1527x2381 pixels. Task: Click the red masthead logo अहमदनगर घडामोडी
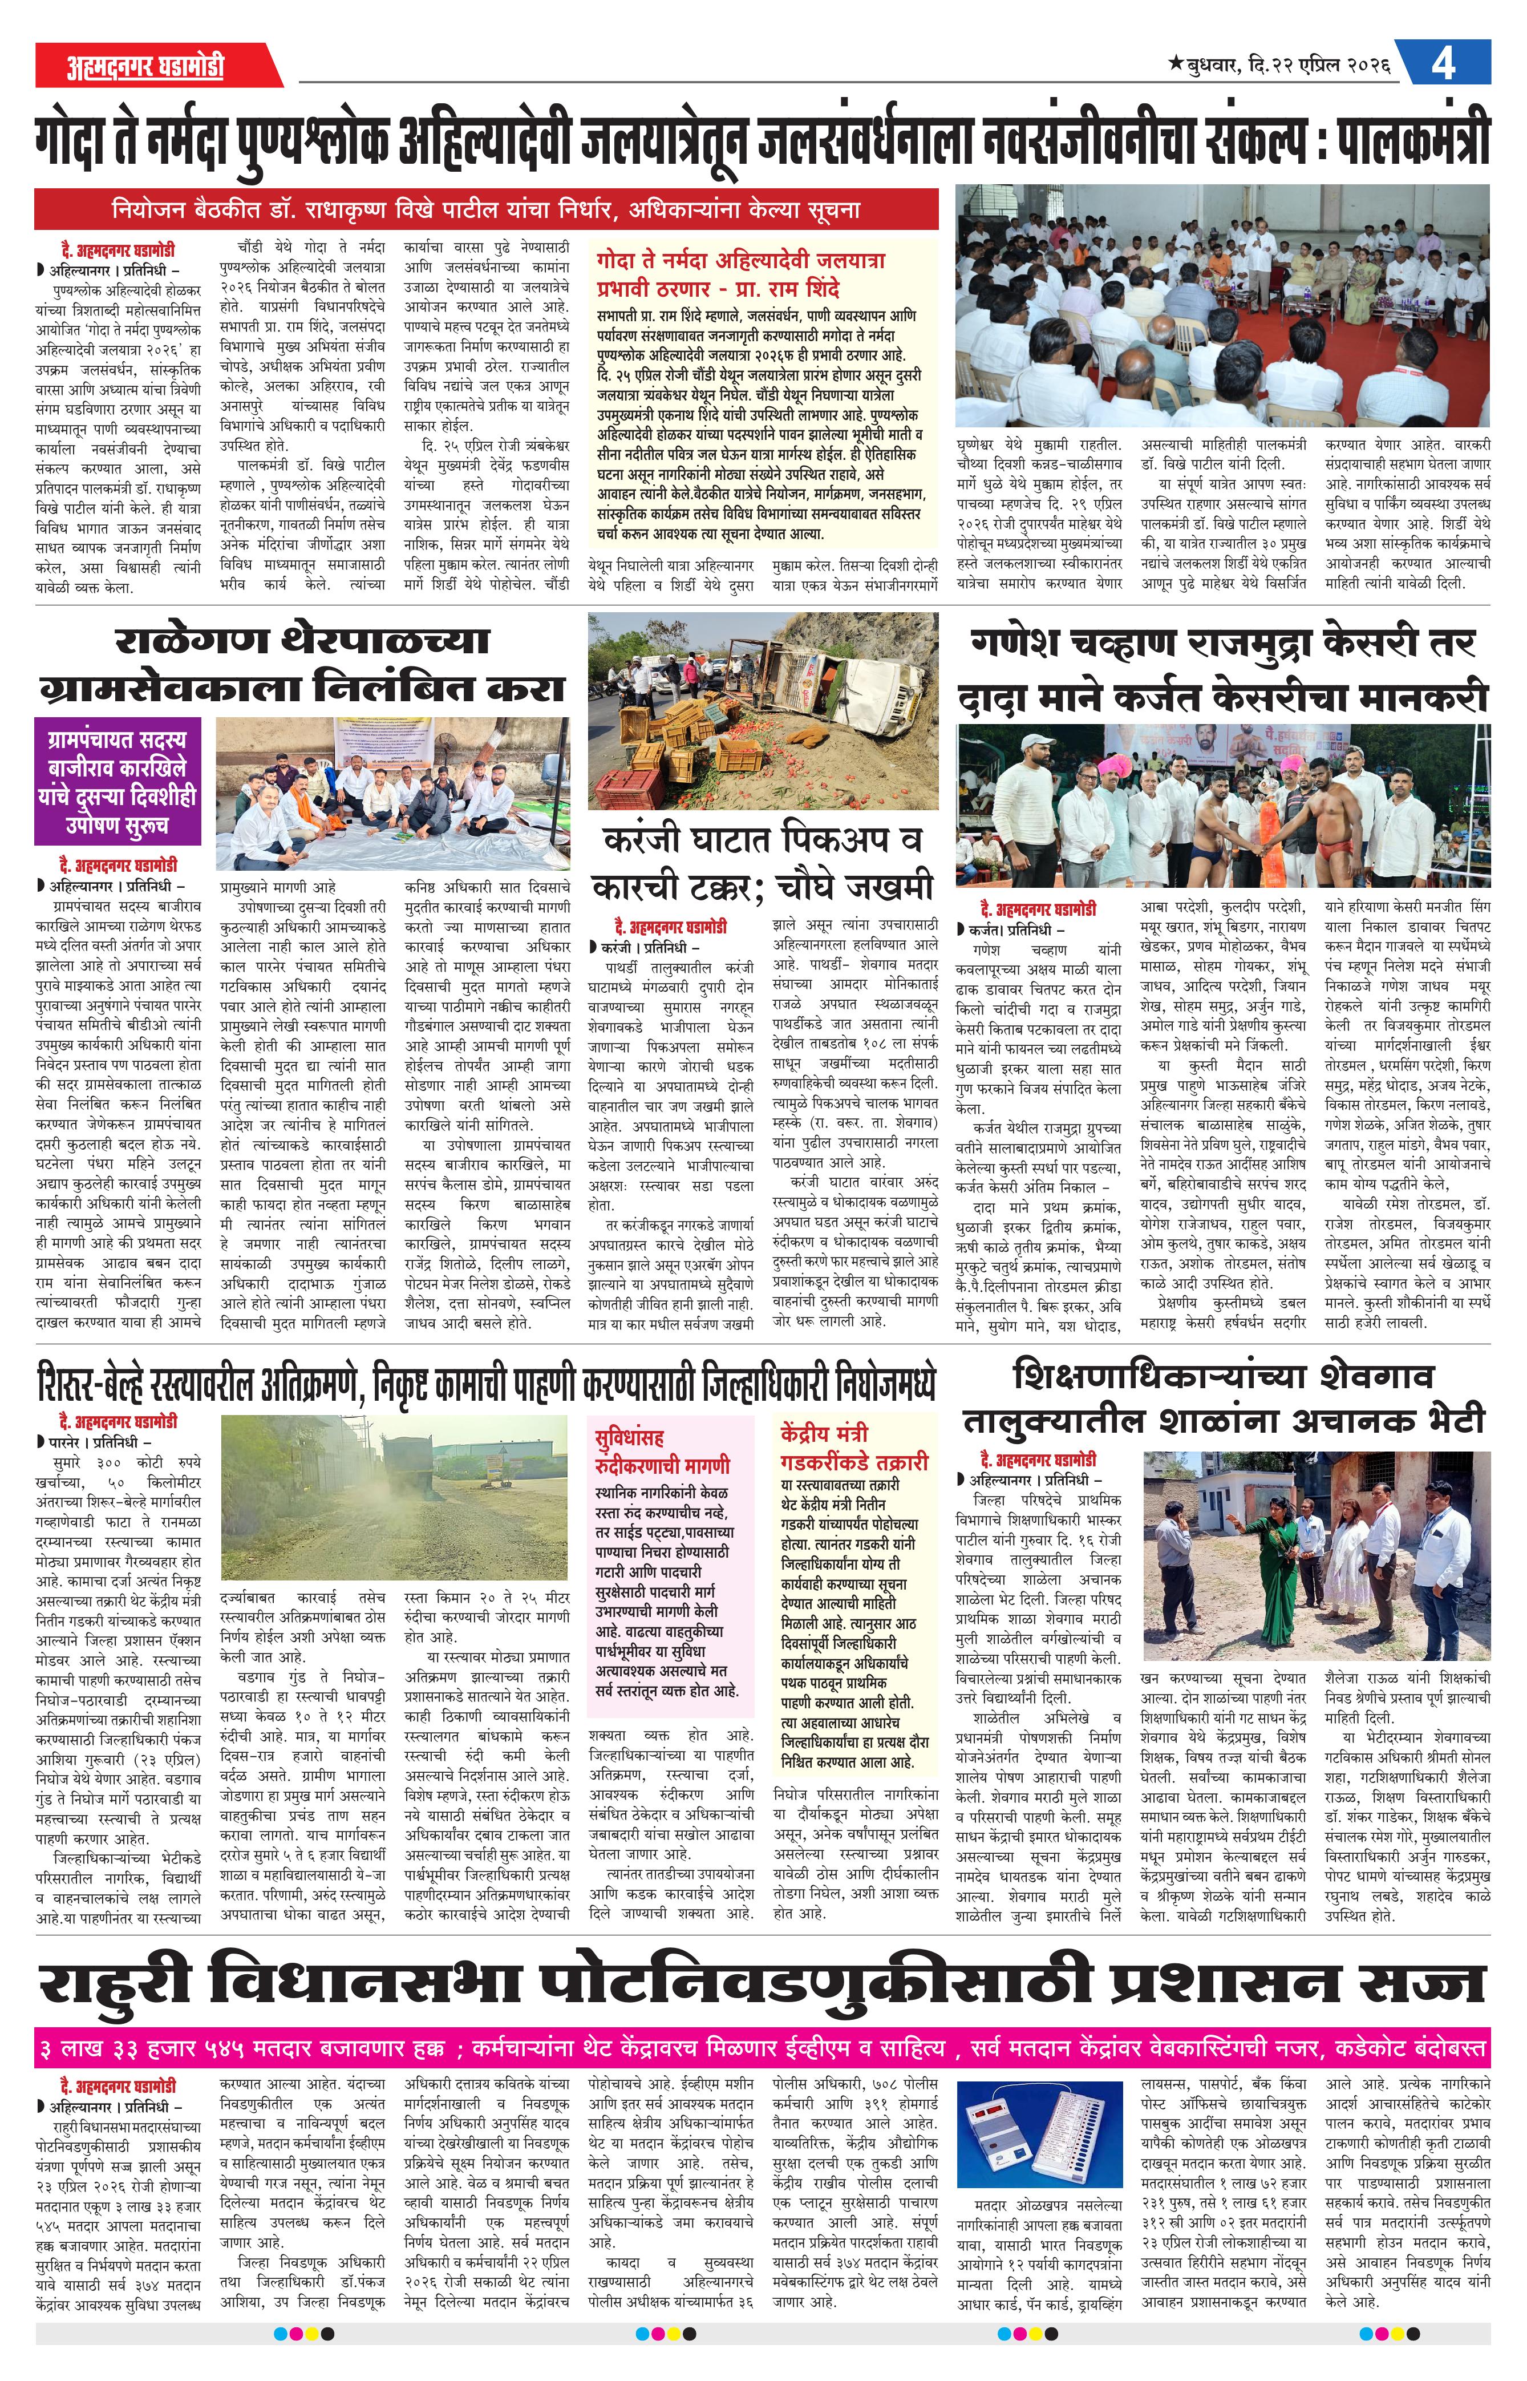[x=145, y=66]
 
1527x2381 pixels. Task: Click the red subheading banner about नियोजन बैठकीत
[x=486, y=210]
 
